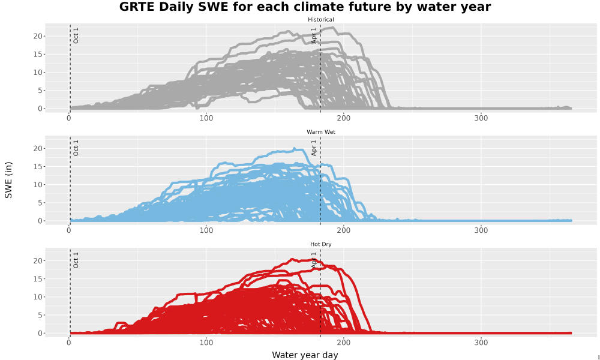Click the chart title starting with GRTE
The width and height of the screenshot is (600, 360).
click(x=305, y=7)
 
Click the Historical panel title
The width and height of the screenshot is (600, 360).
click(x=320, y=20)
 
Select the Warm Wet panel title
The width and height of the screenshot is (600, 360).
click(x=320, y=132)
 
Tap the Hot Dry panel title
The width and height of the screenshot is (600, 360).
click(x=320, y=244)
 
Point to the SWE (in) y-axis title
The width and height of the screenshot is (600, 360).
click(x=8, y=180)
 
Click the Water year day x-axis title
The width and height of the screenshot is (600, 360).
click(x=305, y=355)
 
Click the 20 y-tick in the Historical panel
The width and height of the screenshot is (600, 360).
click(x=37, y=37)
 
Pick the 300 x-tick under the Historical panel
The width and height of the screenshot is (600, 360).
click(x=481, y=118)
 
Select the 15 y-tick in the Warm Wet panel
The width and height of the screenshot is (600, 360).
click(x=37, y=166)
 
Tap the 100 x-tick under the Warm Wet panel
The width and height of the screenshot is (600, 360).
click(x=206, y=230)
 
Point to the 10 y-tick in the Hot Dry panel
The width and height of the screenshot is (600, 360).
click(x=37, y=297)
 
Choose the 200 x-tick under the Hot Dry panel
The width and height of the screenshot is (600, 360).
click(x=344, y=343)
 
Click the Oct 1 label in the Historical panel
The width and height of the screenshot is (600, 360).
click(x=76, y=35)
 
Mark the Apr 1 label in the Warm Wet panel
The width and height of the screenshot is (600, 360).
click(x=314, y=148)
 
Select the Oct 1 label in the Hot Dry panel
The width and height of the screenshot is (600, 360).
click(x=76, y=260)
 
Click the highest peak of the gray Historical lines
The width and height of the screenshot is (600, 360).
click(x=333, y=28)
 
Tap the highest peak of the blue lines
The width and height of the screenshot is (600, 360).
click(x=294, y=148)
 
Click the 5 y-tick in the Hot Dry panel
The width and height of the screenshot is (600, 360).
click(x=40, y=315)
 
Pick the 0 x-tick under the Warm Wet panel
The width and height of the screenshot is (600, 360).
click(x=69, y=230)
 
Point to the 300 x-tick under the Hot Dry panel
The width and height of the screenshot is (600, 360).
click(x=481, y=343)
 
